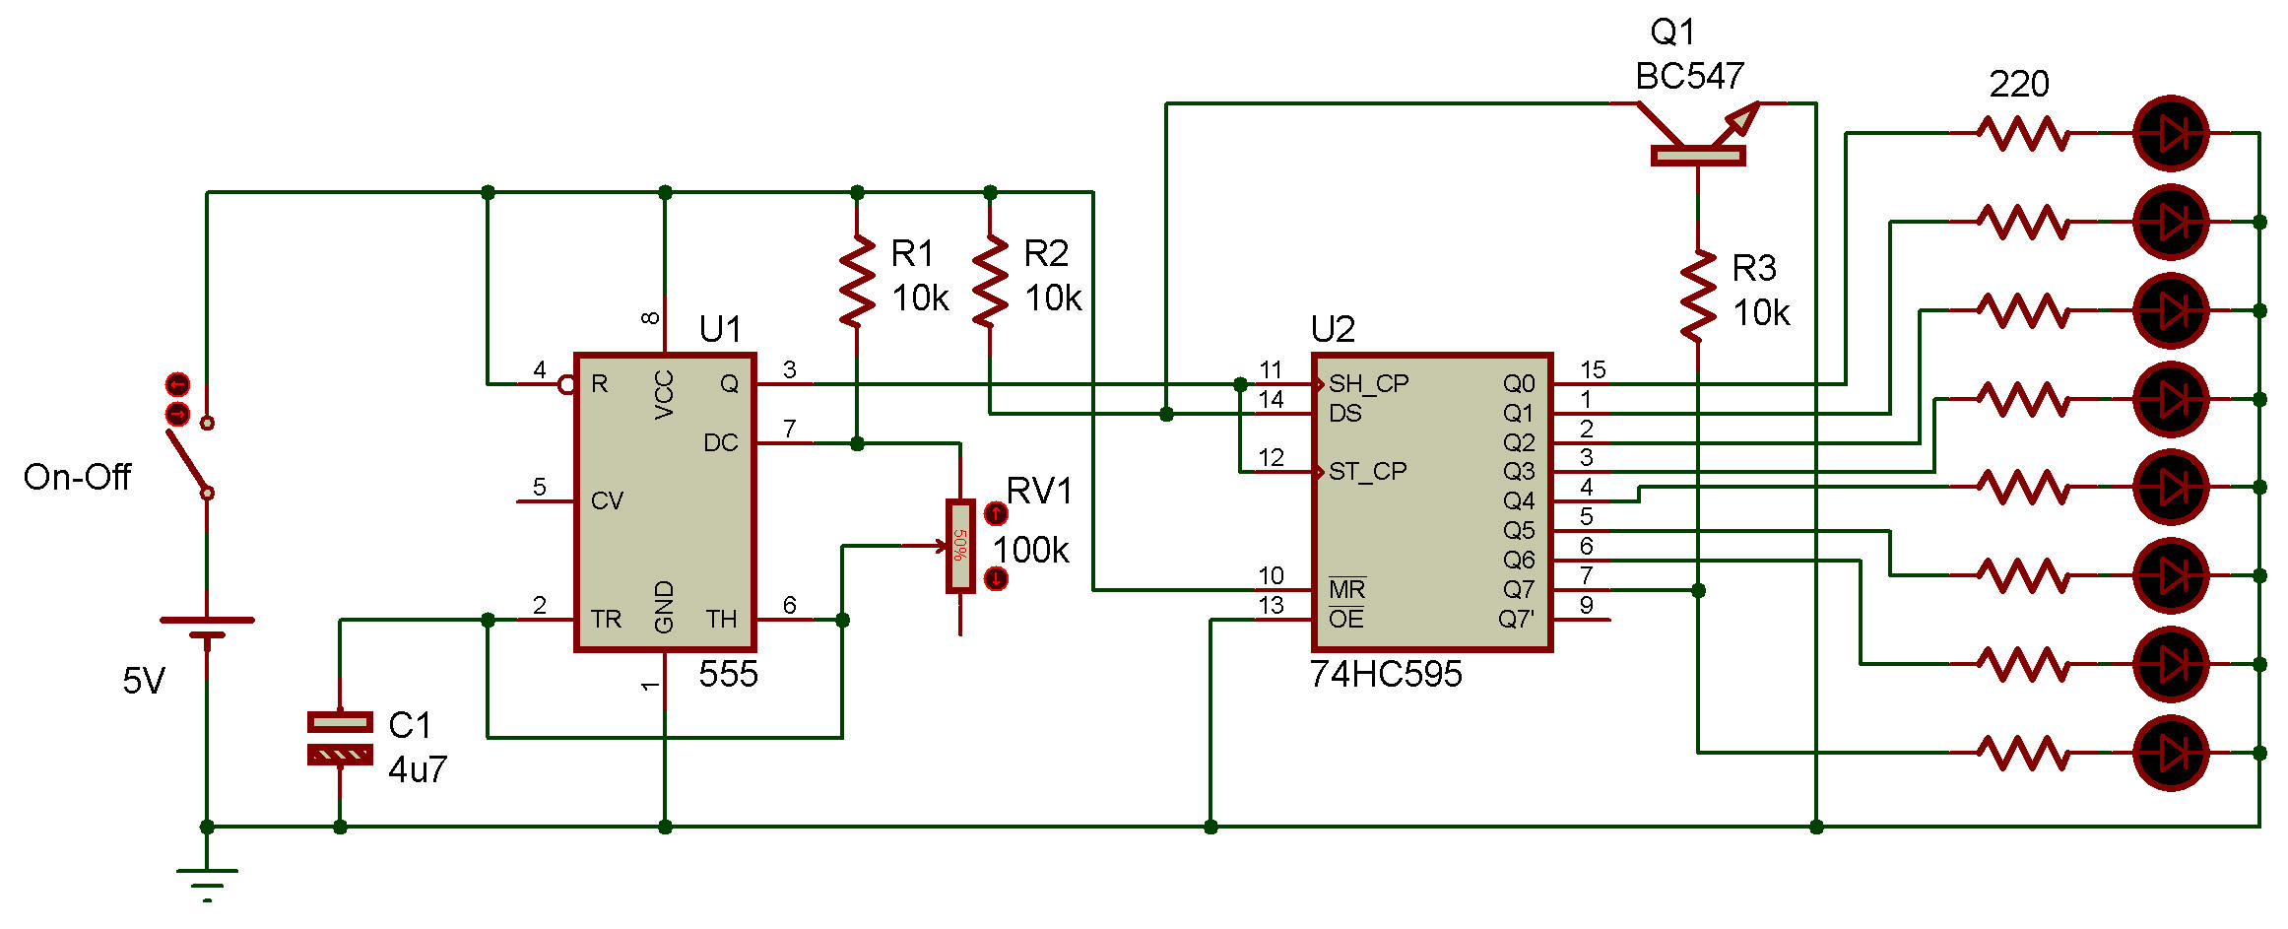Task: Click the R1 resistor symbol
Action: [x=857, y=281]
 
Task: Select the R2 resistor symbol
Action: [x=990, y=281]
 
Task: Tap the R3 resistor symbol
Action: [x=1698, y=296]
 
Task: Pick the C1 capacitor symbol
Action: [x=340, y=739]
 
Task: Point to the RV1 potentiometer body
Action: [x=959, y=546]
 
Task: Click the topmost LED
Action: [x=2170, y=133]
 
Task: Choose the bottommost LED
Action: [x=2170, y=754]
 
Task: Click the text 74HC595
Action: [x=1385, y=675]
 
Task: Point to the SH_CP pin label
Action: [x=1368, y=383]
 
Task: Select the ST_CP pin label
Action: [x=1367, y=472]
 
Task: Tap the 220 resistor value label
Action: [x=2019, y=85]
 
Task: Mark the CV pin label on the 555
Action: [x=607, y=501]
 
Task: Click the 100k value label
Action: [x=1030, y=551]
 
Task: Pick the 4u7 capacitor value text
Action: [x=418, y=769]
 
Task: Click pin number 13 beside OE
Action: [x=1271, y=606]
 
